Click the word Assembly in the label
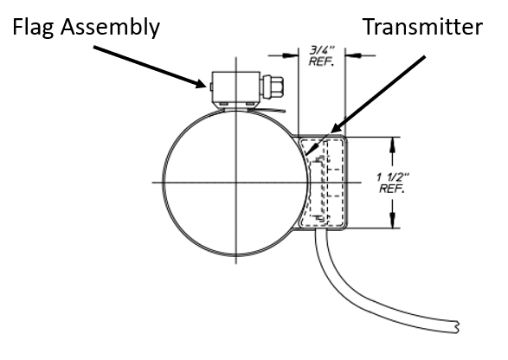[110, 28]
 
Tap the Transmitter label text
[422, 27]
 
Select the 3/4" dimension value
[321, 50]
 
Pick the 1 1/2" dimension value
[393, 177]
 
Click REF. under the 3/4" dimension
[321, 61]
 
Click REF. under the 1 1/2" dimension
[392, 189]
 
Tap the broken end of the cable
[458, 327]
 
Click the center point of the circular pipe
[236, 183]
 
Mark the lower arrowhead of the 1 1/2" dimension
[393, 221]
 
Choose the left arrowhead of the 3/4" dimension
[290, 55]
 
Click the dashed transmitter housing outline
[343, 182]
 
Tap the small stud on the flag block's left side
[211, 87]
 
